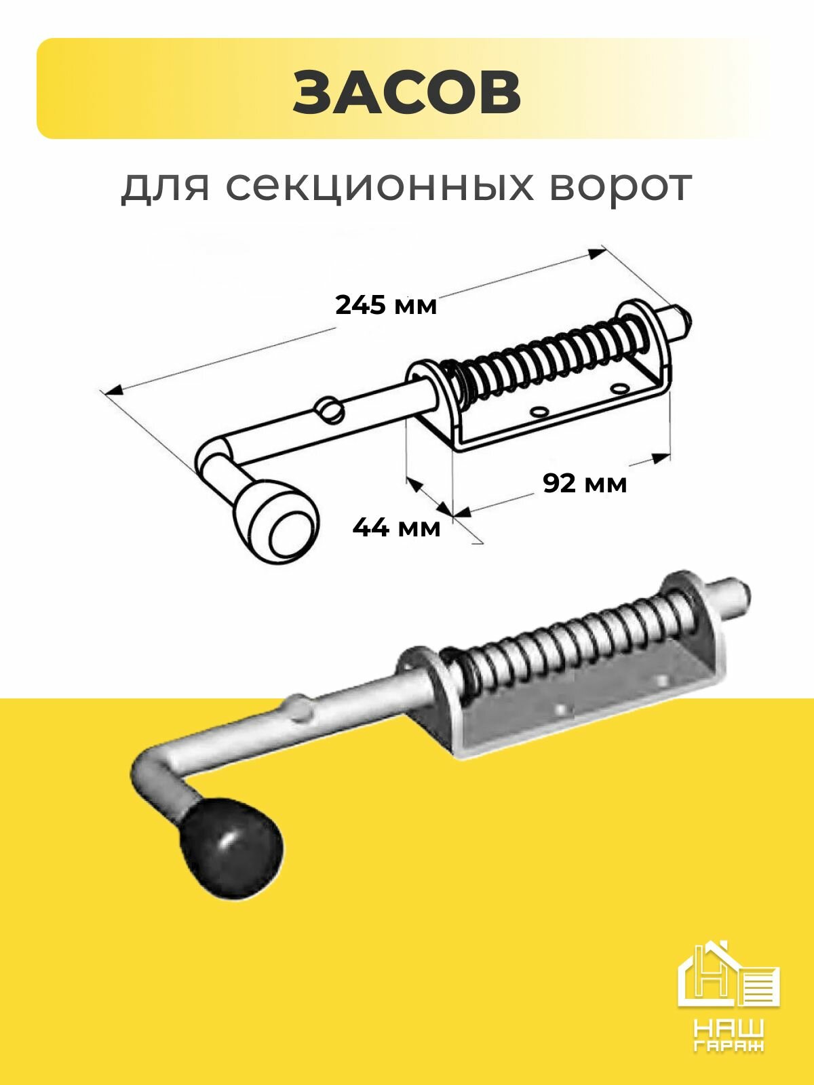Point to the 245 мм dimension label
pyautogui.click(x=386, y=305)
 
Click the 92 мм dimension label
pyautogui.click(x=585, y=484)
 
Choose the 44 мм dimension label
pyautogui.click(x=396, y=527)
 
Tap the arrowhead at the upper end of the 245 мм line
pyautogui.click(x=597, y=253)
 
